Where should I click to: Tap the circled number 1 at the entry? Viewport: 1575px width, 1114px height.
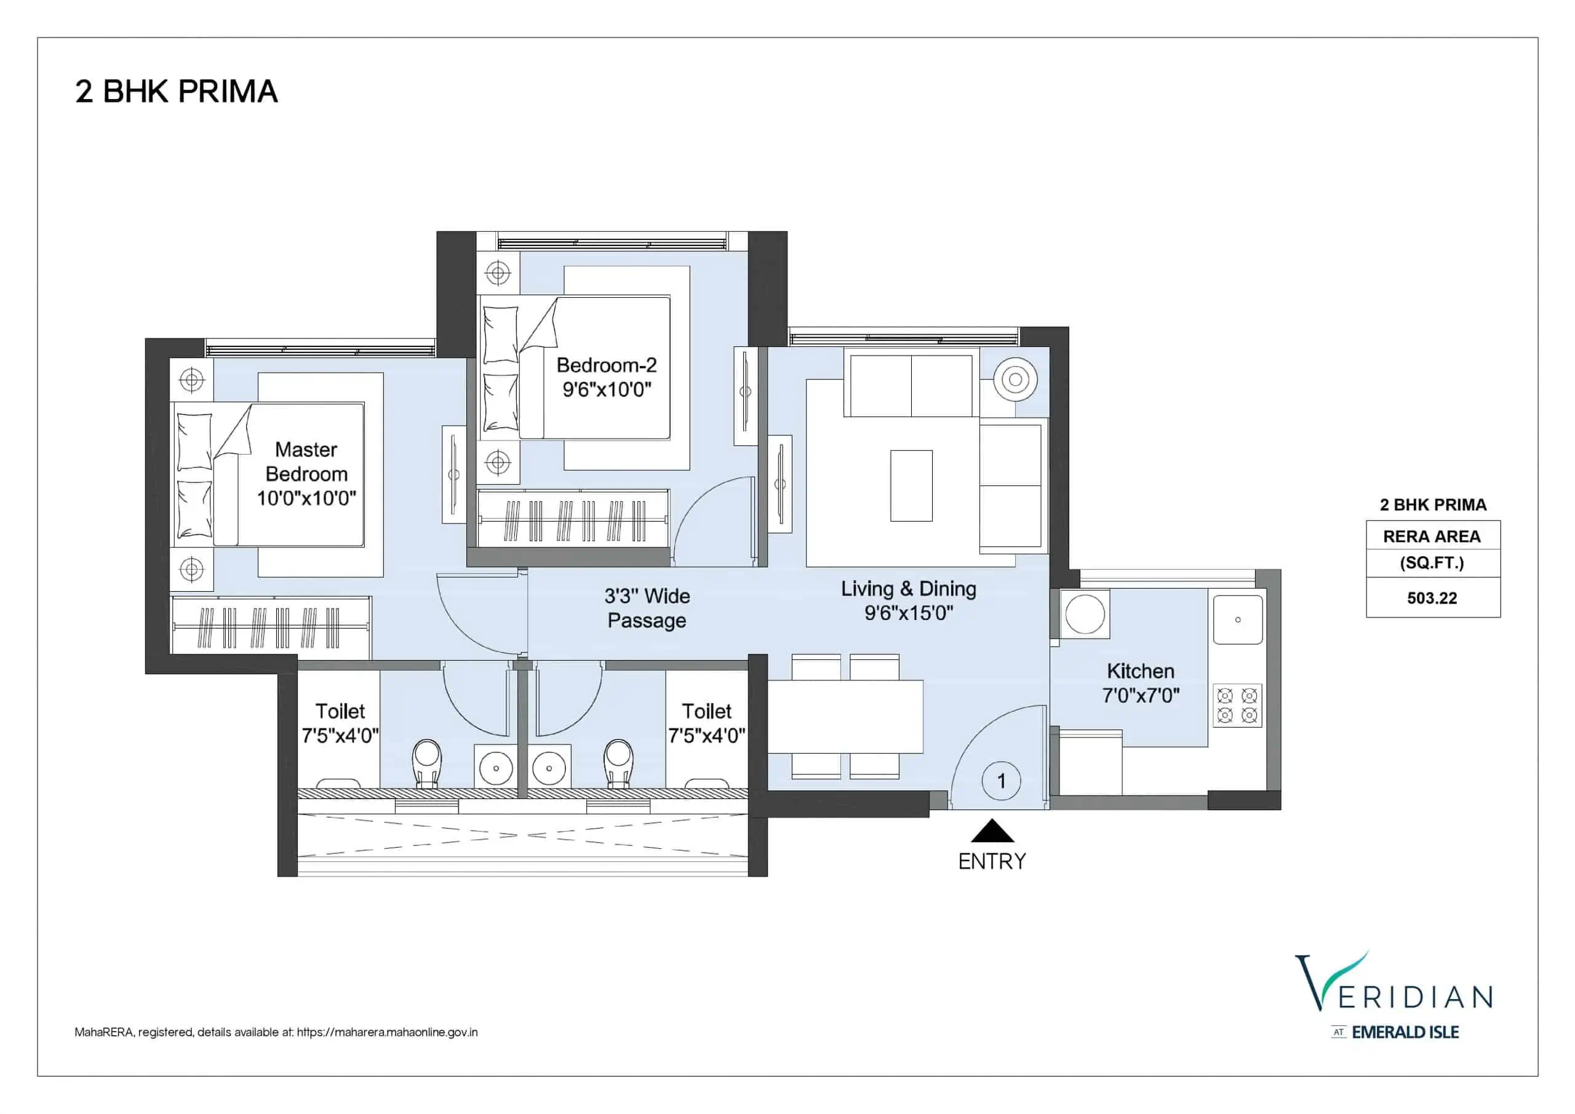[1002, 781]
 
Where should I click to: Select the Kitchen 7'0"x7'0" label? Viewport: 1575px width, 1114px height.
[1141, 683]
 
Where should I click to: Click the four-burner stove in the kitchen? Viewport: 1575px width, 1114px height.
[1237, 706]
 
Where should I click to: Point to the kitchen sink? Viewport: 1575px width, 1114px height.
[1238, 619]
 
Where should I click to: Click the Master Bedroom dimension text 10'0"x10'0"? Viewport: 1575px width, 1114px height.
[306, 498]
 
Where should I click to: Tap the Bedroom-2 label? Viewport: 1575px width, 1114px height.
[607, 365]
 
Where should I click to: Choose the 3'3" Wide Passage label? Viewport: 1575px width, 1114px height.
[647, 608]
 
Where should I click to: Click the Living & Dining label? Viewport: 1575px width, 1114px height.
[909, 589]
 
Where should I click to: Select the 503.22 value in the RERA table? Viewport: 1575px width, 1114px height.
[1432, 598]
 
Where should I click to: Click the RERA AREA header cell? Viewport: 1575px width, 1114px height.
[1432, 536]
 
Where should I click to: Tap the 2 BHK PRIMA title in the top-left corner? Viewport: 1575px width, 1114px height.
[177, 91]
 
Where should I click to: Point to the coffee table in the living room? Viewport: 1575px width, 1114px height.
[911, 486]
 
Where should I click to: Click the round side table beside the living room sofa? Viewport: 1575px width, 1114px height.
[1015, 380]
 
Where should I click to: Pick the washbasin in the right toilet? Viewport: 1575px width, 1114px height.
[549, 768]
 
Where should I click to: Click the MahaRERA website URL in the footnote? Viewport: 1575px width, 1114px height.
[387, 1032]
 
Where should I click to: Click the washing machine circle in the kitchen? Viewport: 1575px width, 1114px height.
[1085, 614]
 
